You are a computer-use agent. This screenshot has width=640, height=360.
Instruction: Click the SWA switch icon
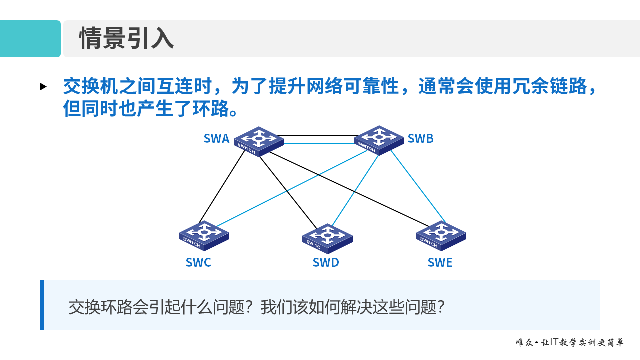258,141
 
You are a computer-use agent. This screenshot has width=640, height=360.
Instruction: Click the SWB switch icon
379,140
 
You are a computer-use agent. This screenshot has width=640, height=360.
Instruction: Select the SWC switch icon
204,235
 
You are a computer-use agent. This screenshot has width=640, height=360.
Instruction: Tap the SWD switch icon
327,238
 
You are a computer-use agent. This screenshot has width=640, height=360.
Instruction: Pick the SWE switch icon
441,235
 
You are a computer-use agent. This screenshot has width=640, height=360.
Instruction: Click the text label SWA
216,139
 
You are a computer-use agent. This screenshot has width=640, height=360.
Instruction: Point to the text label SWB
420,139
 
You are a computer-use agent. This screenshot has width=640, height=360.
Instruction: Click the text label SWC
198,262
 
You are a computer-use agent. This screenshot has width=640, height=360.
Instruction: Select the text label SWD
326,262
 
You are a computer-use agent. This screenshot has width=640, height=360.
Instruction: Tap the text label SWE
440,262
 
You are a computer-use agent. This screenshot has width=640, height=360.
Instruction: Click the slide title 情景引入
126,39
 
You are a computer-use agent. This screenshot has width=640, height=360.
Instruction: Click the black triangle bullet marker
43,87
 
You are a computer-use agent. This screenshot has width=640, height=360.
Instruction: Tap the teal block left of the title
30,39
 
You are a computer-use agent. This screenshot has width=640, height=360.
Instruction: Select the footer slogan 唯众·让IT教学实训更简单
569,343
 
